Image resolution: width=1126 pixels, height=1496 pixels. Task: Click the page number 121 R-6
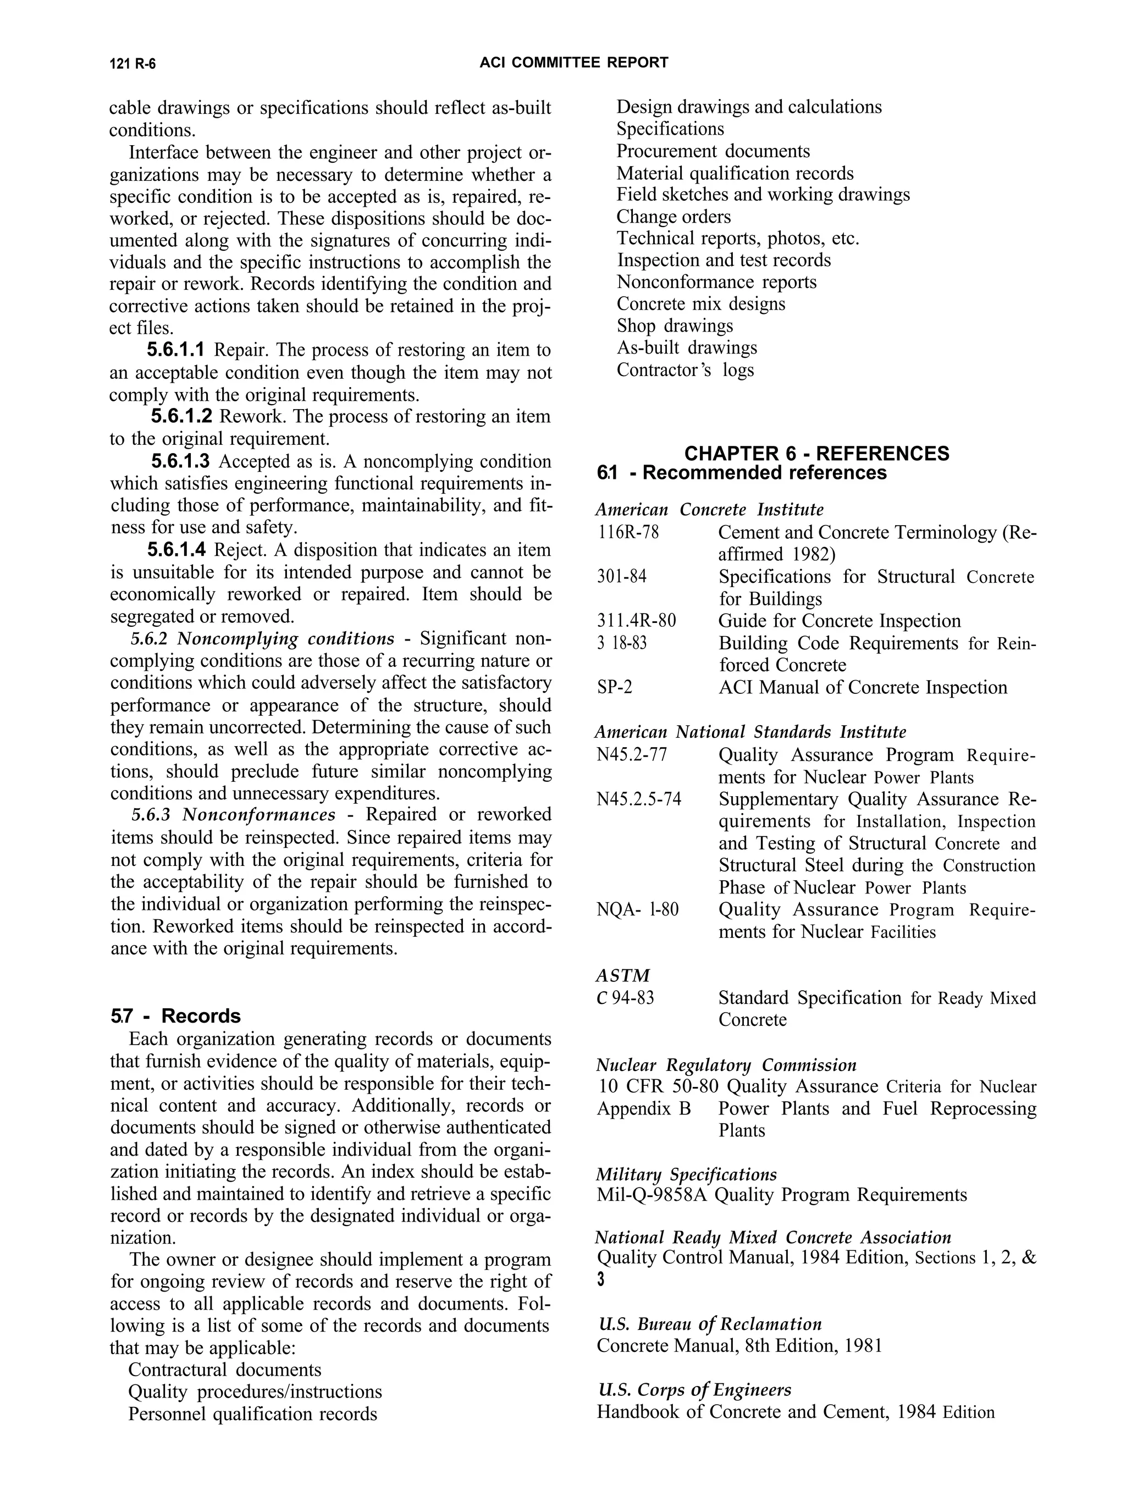coord(133,64)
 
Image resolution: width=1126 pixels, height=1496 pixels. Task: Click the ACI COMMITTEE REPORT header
coord(573,63)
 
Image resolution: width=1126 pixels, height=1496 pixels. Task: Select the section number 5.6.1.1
coord(175,350)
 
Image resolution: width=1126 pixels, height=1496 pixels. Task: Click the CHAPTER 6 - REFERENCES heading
coord(816,453)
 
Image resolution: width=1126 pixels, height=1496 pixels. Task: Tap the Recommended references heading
coord(764,473)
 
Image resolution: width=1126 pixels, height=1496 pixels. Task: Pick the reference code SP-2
coord(614,687)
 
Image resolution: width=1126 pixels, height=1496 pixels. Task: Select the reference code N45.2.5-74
coord(638,799)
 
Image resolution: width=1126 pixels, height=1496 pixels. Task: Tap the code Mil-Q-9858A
coord(652,1195)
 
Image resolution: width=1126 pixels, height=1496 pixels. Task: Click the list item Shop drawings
coord(674,326)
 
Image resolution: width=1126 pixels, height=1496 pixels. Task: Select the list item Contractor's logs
coord(685,370)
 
